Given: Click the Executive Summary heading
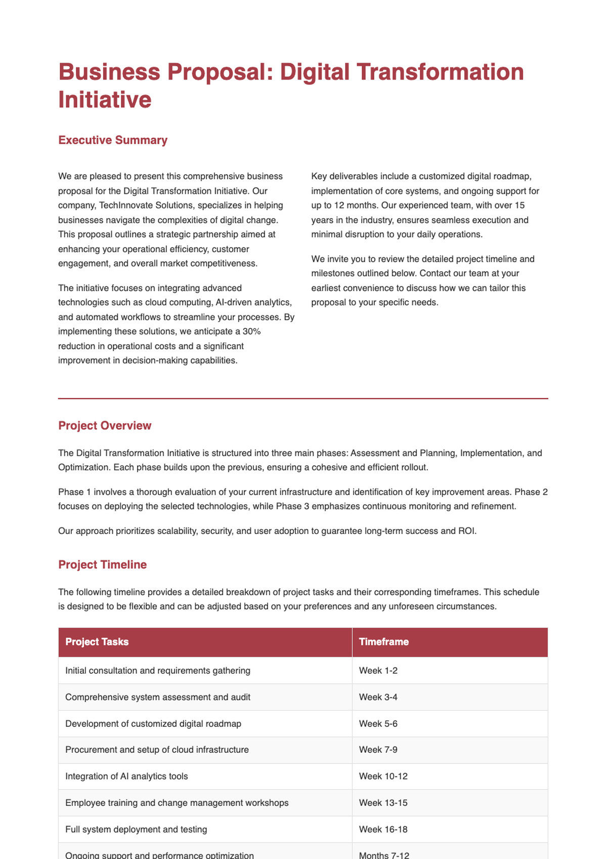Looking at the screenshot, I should click(113, 140).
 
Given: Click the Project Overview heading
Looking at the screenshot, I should click(105, 426).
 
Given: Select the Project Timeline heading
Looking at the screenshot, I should click(102, 565).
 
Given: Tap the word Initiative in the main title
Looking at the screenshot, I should click(105, 99).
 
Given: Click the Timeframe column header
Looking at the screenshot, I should click(383, 642).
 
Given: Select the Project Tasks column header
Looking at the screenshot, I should click(97, 642).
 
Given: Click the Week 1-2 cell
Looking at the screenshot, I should click(378, 671).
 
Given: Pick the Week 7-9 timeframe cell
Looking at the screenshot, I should click(378, 750).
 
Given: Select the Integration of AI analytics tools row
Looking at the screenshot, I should click(126, 776).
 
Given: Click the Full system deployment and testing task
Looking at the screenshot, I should click(136, 829).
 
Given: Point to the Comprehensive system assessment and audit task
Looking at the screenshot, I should click(158, 697).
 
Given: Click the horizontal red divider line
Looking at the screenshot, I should click(303, 399).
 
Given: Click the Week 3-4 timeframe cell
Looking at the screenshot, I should click(378, 697).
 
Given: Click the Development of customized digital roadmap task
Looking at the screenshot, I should click(153, 724).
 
